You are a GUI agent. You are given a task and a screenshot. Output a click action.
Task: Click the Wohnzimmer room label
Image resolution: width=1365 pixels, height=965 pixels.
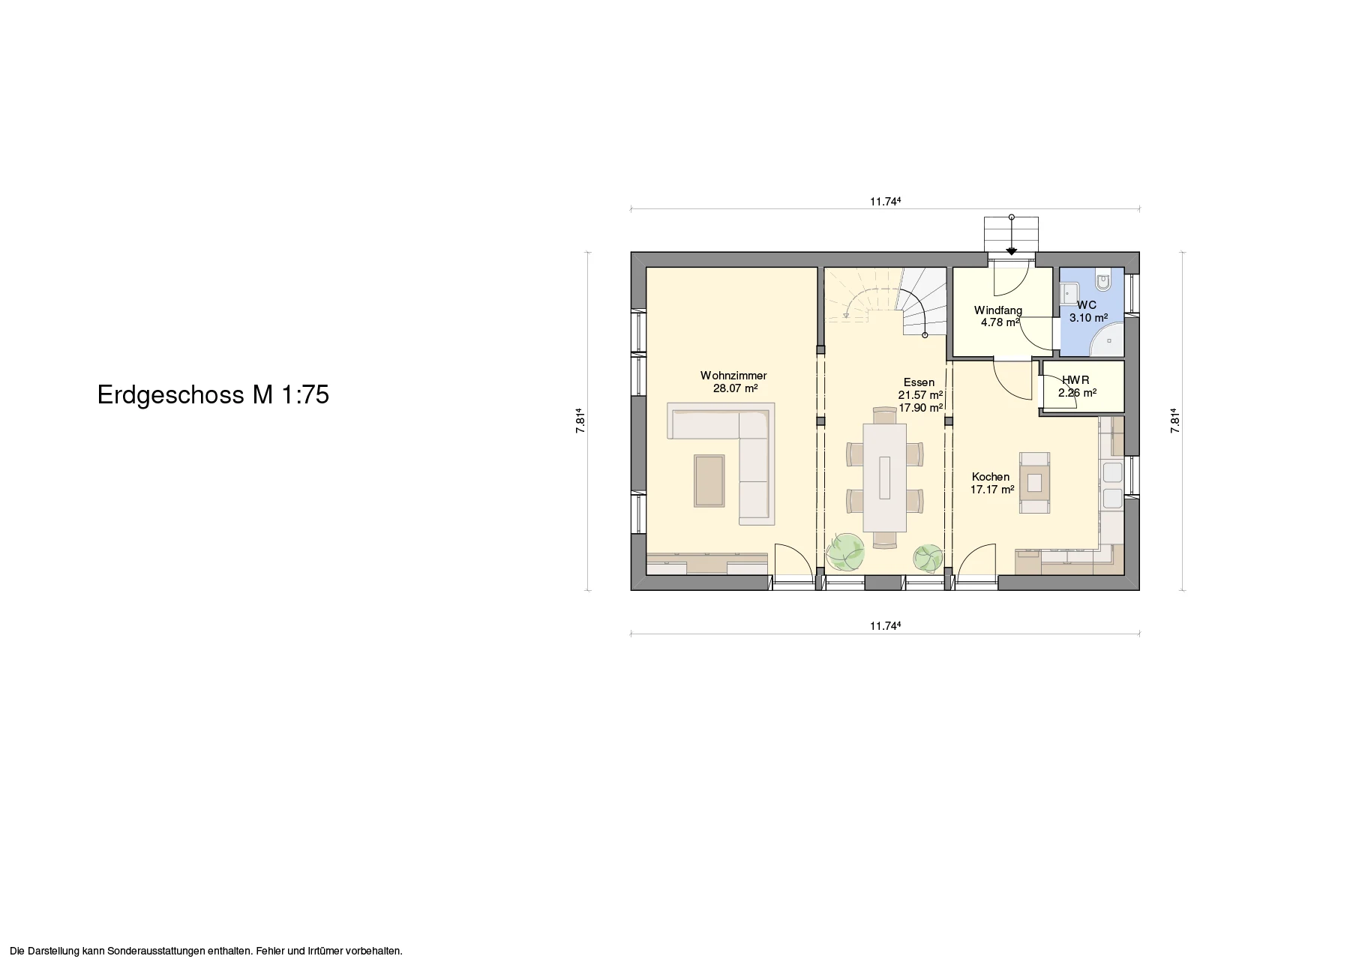coord(733,376)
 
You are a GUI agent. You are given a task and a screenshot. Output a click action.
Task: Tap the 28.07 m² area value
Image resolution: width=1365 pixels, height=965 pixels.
coord(735,388)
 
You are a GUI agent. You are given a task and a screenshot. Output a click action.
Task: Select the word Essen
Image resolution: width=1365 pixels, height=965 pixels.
coord(919,382)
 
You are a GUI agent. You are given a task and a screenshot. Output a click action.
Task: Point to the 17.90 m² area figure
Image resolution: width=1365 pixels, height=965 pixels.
coord(920,408)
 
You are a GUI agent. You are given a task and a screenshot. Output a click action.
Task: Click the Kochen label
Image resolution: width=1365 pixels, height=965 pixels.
coord(991,477)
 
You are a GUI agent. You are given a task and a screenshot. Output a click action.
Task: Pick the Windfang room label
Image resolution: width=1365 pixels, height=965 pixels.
coord(998,310)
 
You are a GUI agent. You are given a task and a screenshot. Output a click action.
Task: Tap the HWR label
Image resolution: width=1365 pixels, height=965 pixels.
coord(1075,380)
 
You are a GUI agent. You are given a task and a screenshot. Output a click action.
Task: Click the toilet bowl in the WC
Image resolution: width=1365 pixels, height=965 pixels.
coord(1103,281)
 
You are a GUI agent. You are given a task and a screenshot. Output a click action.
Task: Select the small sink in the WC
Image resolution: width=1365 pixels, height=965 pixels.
coord(1069,292)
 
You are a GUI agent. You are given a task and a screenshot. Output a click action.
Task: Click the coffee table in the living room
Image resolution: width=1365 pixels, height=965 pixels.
coord(185,480)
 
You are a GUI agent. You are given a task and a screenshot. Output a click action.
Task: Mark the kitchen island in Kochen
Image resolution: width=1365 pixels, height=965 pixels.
coord(1034,483)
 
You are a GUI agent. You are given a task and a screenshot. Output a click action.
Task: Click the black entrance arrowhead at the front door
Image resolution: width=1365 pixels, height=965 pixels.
coord(1012,252)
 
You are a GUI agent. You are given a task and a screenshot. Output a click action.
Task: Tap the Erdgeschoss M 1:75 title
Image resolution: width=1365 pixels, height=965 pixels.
coord(213,395)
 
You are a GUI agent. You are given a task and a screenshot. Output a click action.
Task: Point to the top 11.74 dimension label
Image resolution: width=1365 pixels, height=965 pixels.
coord(885,201)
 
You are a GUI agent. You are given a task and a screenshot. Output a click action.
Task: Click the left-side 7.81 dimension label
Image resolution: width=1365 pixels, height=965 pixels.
coord(580,421)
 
